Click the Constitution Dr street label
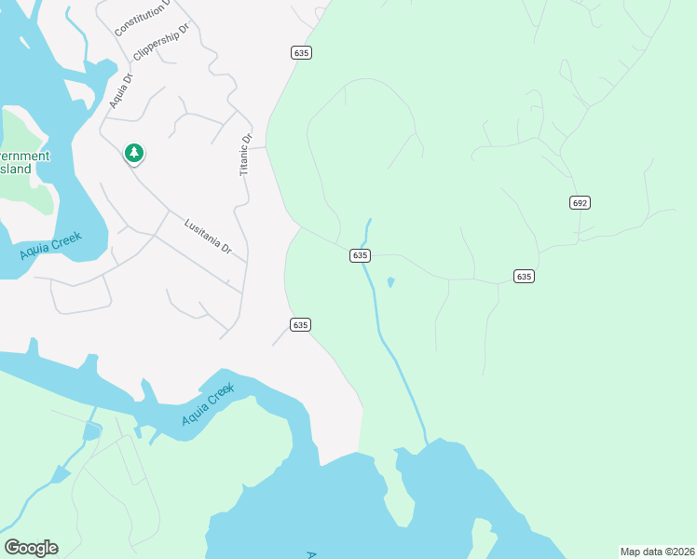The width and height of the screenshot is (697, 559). point(143,18)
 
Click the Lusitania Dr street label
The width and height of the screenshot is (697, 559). point(208,236)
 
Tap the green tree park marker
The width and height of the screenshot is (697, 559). point(134,153)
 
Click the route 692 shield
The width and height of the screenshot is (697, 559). point(580,202)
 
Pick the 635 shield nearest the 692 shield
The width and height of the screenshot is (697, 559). point(524,276)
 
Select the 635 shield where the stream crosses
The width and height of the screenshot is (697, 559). point(361,255)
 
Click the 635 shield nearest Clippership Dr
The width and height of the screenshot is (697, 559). point(300,53)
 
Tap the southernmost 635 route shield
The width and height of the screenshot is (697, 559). point(299,324)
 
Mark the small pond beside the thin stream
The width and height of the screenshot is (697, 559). point(389,281)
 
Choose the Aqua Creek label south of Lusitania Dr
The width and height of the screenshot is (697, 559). point(207,406)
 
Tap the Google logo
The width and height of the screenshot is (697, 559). point(31,548)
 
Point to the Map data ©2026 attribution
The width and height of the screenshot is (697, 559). point(656,552)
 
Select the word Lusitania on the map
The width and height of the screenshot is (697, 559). point(201,232)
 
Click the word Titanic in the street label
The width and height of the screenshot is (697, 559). point(247,157)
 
